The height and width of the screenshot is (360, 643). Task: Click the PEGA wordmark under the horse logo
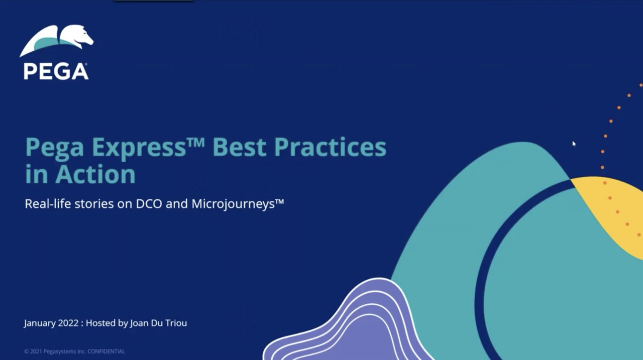(56, 71)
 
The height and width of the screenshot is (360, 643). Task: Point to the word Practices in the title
(331, 147)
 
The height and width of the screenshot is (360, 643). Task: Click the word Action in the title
(95, 174)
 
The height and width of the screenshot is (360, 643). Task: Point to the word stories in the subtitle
(94, 204)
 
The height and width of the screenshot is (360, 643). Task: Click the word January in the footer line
(40, 323)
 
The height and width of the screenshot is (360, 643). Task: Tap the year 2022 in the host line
(68, 323)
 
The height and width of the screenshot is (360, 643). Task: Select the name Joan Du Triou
(158, 323)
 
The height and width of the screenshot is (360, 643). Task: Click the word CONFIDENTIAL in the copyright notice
(106, 351)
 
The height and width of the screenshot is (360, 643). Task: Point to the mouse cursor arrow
(574, 144)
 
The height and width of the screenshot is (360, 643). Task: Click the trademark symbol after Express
(196, 142)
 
